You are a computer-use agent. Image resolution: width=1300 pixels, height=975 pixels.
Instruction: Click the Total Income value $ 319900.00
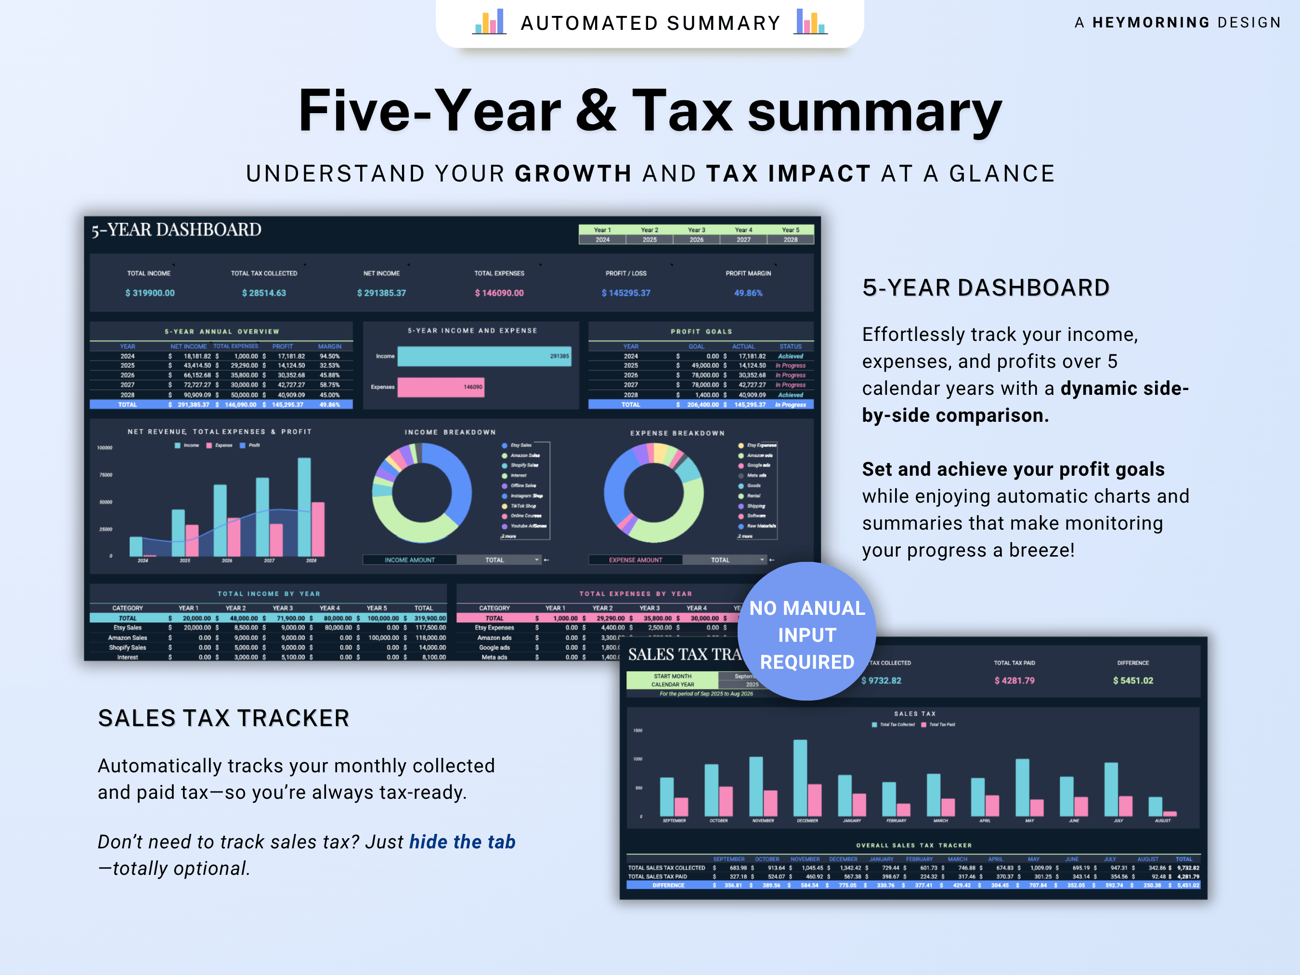150,293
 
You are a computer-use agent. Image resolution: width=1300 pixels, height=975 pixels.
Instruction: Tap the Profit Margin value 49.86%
748,293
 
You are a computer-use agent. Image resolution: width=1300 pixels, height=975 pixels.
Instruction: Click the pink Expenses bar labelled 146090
441,387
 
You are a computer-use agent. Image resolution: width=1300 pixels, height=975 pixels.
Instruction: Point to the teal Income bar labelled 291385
484,356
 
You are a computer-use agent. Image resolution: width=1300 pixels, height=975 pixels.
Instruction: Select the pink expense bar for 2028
318,529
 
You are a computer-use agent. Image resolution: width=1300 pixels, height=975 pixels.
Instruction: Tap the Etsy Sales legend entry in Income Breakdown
520,445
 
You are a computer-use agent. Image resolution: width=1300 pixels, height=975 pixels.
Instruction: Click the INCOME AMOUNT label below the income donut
410,560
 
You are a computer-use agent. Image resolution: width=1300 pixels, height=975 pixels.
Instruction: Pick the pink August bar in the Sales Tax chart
1170,814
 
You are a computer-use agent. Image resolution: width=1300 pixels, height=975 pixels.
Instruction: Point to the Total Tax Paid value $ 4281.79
1014,680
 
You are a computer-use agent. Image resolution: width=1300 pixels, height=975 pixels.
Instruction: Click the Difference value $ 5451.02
1132,680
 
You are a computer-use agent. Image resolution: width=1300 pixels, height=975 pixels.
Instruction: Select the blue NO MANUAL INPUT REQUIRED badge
806,632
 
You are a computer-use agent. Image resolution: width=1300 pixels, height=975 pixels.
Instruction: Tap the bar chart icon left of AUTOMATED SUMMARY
489,22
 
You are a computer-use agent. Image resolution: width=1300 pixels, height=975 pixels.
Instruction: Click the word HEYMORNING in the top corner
1150,22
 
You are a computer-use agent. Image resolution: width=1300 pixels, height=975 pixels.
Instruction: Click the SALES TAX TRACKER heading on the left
223,718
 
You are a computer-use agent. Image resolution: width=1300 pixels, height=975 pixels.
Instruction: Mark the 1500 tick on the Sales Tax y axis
637,730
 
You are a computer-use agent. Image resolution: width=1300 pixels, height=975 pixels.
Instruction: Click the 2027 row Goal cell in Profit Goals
705,385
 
